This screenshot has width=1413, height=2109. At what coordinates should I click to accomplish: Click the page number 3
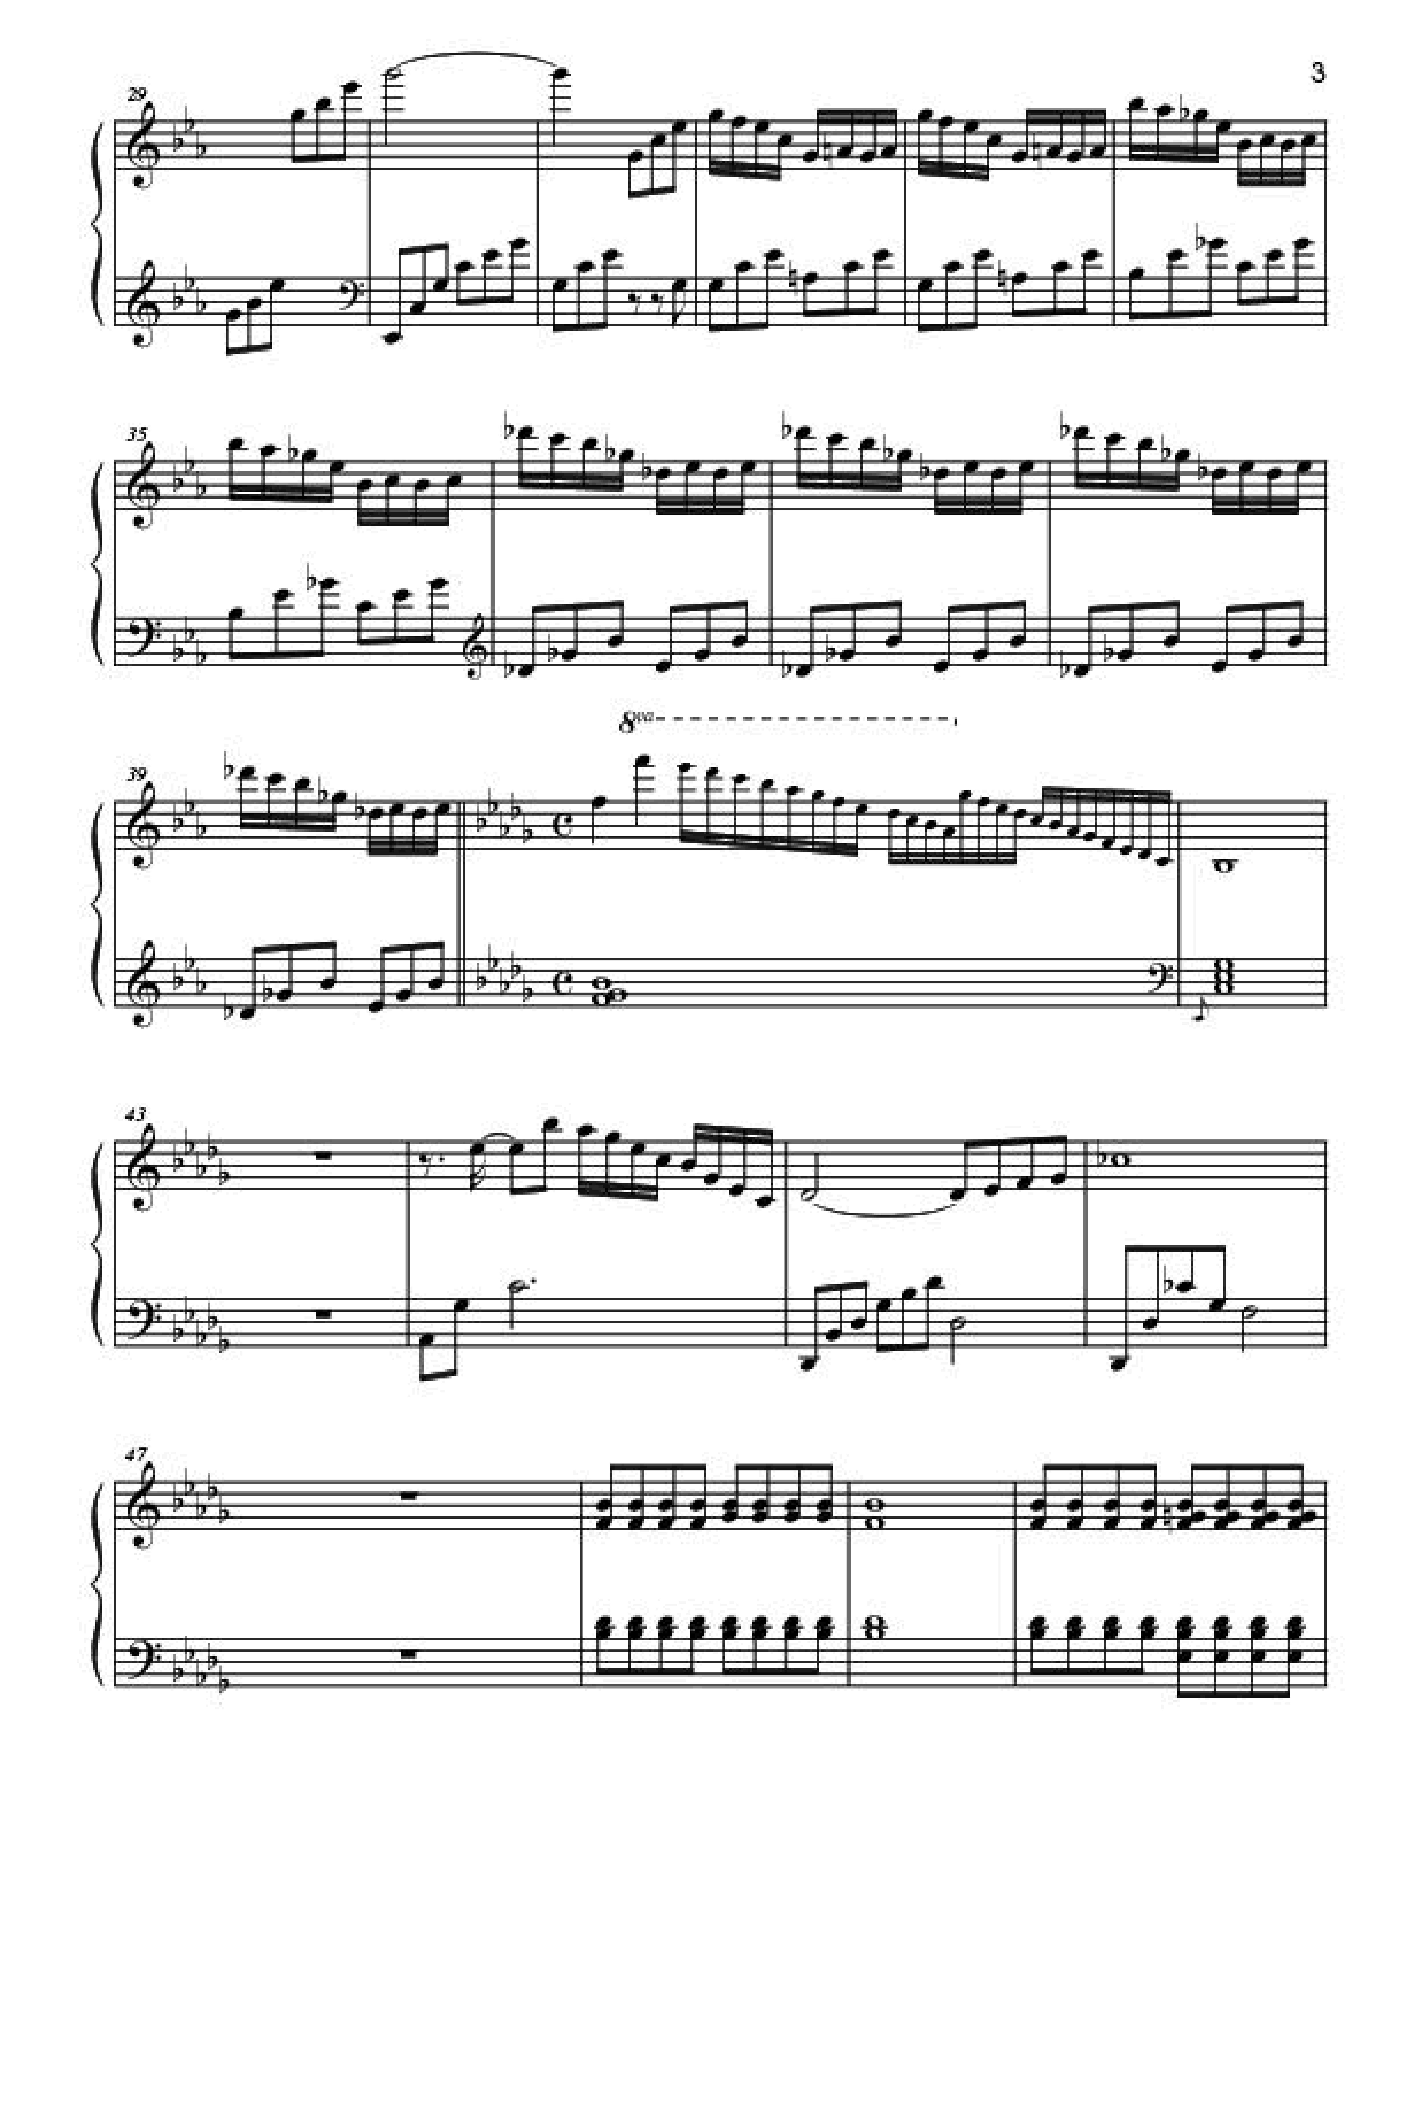(x=1317, y=73)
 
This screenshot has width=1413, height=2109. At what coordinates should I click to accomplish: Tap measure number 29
(x=137, y=94)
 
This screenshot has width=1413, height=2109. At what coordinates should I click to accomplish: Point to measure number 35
(x=137, y=433)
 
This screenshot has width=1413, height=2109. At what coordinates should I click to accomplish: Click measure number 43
(x=137, y=1115)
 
